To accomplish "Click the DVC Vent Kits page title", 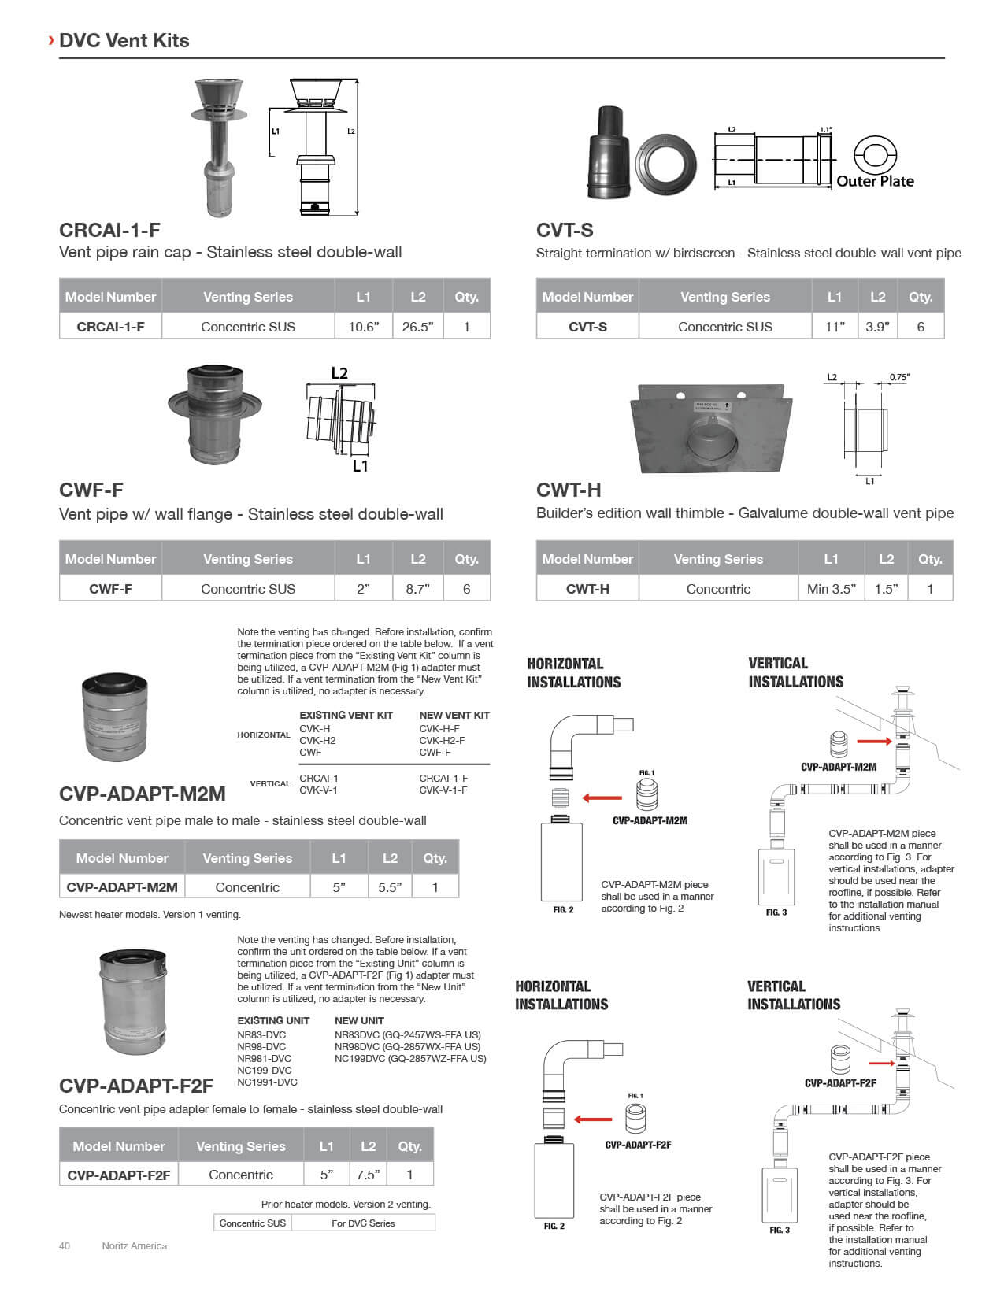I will tap(124, 41).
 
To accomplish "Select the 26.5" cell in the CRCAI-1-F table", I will tap(417, 327).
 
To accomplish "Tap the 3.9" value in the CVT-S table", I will tap(877, 327).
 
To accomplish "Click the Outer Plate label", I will tap(875, 181).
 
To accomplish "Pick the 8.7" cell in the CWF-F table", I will tap(417, 589).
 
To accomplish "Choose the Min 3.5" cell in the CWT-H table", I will tap(831, 589).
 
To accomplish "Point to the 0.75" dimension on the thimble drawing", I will tap(899, 377).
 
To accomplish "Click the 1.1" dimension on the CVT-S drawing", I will tap(825, 130).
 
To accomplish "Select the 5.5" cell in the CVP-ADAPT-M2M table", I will tap(390, 887).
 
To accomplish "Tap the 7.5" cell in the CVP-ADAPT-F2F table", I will tap(368, 1175).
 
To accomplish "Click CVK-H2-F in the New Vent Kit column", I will tap(442, 741).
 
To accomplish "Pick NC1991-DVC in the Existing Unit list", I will tap(267, 1082).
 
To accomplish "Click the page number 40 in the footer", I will tap(65, 1246).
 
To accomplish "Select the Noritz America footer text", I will tap(134, 1246).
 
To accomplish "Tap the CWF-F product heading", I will tap(91, 490).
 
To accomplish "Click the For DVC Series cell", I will tap(363, 1223).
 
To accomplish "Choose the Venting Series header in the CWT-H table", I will tap(718, 559).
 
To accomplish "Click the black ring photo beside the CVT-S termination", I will tap(666, 166).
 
